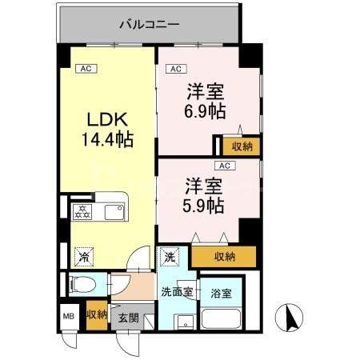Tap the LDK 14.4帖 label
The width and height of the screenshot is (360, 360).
tap(109, 128)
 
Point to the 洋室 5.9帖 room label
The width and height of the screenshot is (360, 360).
tap(201, 194)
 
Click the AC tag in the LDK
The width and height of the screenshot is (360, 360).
tap(86, 69)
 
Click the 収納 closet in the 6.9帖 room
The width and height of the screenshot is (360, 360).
tap(239, 146)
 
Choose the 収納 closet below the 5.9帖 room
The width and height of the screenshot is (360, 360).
tap(224, 256)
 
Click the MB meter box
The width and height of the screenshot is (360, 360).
tap(67, 315)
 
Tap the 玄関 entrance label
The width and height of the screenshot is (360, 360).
tap(128, 318)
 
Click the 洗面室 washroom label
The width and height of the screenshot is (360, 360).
tap(176, 290)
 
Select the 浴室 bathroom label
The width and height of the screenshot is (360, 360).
tap(222, 294)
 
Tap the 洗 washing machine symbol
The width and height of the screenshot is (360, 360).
tap(170, 258)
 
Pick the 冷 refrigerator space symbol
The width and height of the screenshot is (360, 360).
tap(83, 257)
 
